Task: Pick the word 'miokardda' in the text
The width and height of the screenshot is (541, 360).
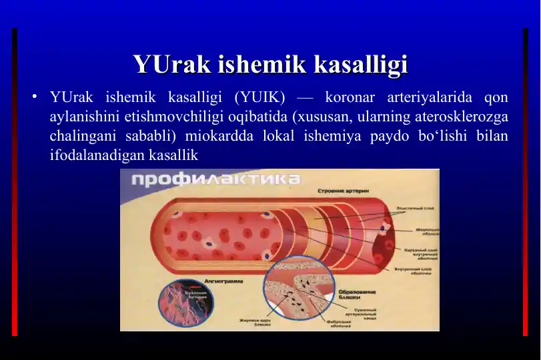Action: click(x=242, y=136)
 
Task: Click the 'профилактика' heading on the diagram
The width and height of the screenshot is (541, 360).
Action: click(x=215, y=180)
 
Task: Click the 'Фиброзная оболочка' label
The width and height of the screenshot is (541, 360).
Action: click(x=339, y=324)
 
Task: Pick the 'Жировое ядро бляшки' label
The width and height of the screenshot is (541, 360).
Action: click(x=255, y=323)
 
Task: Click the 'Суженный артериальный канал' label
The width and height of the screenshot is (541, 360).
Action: click(x=361, y=313)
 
